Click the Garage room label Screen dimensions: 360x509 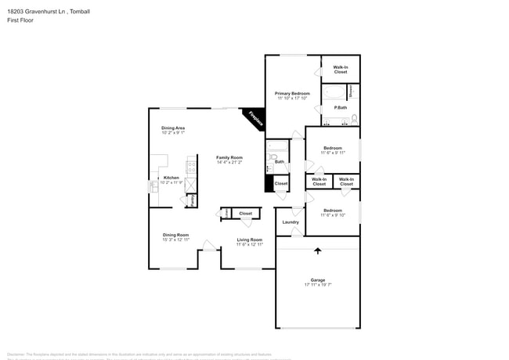(317, 279)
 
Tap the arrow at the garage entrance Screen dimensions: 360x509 (317, 250)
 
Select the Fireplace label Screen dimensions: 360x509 (254, 117)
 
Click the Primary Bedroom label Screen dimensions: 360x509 (292, 93)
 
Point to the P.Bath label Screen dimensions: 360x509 (341, 107)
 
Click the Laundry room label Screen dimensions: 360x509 (291, 222)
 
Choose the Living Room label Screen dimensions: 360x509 (249, 240)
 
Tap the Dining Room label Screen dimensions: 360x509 (175, 235)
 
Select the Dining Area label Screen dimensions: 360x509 (173, 128)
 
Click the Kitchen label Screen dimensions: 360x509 (171, 178)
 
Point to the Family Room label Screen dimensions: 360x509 (229, 157)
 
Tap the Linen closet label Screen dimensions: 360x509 (226, 213)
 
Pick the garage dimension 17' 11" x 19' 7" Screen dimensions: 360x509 (317, 285)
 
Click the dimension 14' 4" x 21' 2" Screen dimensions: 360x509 (229, 163)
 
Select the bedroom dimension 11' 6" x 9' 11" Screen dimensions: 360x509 (333, 153)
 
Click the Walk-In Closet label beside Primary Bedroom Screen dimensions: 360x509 (341, 70)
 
